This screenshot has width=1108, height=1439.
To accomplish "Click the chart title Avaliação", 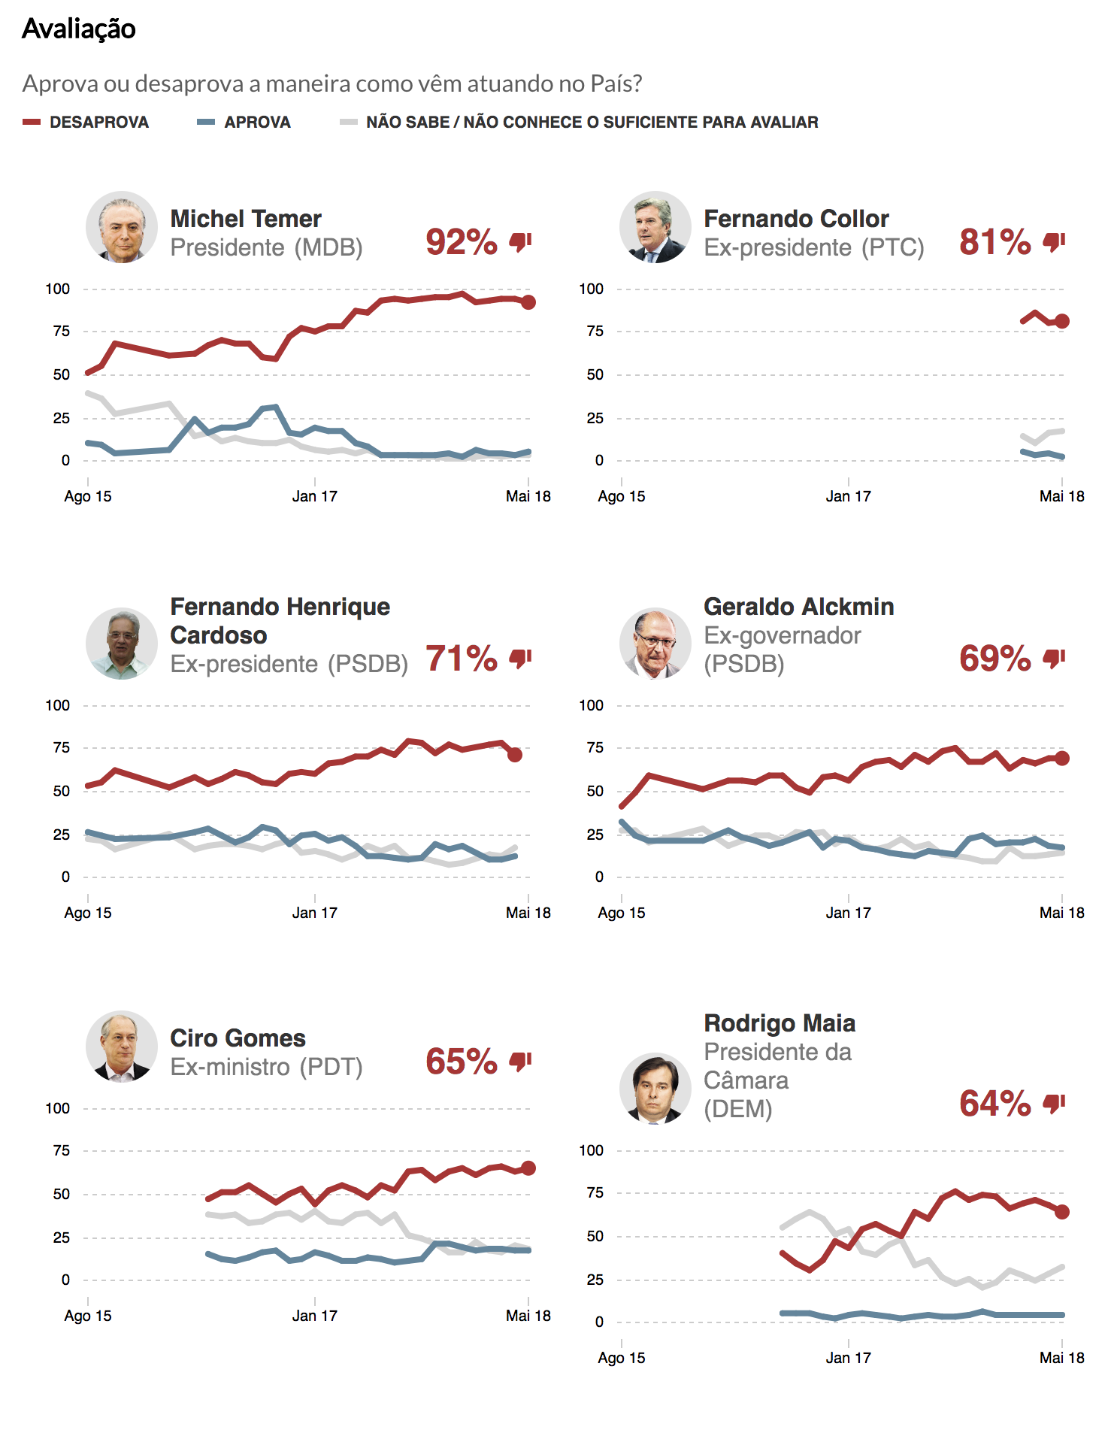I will click(x=79, y=29).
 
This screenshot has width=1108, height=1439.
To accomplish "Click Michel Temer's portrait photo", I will click(x=122, y=226).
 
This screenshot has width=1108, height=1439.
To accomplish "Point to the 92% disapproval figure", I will click(x=462, y=242).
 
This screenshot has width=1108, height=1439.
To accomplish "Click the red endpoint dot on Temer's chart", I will click(x=528, y=302).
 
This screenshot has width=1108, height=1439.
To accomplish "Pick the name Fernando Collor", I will click(x=796, y=219).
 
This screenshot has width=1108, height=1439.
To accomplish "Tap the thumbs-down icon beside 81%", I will click(x=1054, y=242).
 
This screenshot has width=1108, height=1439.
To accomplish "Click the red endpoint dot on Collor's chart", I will click(x=1061, y=321).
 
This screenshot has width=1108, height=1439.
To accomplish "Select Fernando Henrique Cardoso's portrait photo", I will click(x=122, y=643).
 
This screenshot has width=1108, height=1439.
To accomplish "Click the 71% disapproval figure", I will click(x=462, y=659).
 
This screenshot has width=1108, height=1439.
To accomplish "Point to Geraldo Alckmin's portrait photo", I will click(x=655, y=643).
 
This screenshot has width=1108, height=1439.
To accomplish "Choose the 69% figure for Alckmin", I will click(x=995, y=659).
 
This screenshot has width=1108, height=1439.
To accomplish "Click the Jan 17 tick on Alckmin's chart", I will click(x=848, y=913).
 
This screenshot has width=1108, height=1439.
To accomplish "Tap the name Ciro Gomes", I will click(x=238, y=1038).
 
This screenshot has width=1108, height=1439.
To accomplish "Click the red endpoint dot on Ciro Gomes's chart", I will click(x=528, y=1168).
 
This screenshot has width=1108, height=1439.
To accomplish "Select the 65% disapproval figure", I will click(x=462, y=1062).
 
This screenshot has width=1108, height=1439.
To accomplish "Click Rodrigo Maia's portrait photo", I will click(x=655, y=1088).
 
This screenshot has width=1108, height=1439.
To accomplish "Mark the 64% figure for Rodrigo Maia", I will click(x=995, y=1104).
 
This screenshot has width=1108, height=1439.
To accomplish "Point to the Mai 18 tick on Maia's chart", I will click(x=1061, y=1358).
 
